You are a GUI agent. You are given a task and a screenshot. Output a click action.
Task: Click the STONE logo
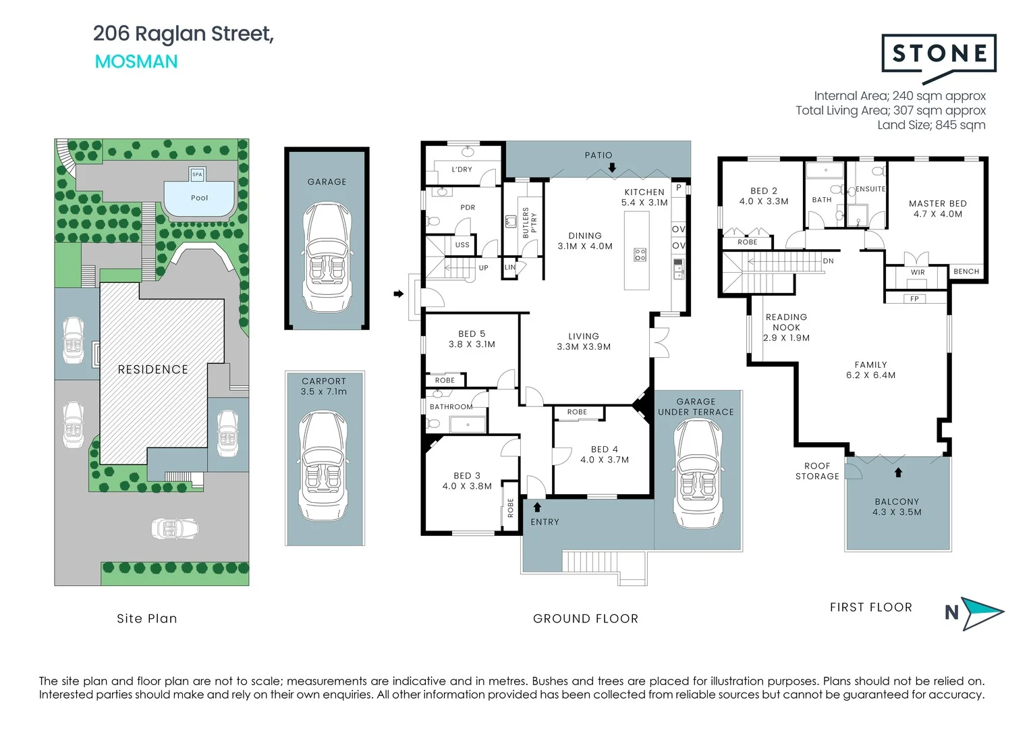tap(939, 54)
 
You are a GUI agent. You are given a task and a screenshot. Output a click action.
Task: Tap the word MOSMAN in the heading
tap(136, 61)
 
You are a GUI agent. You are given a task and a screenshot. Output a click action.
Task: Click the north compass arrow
tap(982, 613)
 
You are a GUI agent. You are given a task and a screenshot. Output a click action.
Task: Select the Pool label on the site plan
tap(199, 198)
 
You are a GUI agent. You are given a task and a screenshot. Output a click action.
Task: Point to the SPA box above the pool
tap(197, 174)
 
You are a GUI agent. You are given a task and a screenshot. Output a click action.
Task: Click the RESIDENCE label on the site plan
tap(152, 369)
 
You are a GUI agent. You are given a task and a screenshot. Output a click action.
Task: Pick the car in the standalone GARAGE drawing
tap(327, 256)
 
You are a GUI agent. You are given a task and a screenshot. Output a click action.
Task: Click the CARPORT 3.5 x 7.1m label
tap(324, 386)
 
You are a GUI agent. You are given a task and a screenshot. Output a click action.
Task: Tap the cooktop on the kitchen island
tap(640, 254)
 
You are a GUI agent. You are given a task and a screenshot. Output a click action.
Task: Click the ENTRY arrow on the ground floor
tap(537, 507)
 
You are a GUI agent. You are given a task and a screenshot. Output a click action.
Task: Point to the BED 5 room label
tap(472, 339)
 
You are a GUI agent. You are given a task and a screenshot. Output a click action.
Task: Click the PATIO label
tap(598, 155)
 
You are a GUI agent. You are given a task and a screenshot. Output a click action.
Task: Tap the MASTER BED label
tap(937, 209)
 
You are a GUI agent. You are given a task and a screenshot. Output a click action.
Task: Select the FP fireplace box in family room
tap(914, 298)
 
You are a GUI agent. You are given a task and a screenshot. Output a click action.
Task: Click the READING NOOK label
tap(786, 327)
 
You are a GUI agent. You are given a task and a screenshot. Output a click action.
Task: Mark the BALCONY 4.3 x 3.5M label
tap(897, 507)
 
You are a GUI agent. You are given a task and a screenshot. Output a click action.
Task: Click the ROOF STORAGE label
tap(817, 471)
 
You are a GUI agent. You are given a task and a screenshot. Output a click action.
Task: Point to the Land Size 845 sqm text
tap(931, 125)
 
